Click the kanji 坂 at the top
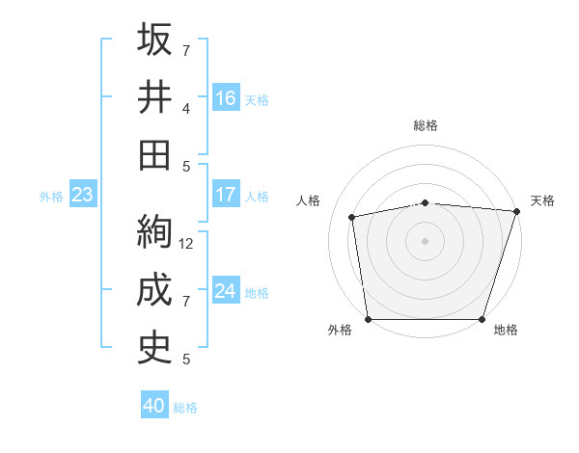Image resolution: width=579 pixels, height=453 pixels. (154, 40)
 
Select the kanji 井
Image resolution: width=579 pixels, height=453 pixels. (154, 96)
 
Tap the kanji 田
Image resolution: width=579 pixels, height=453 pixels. (154, 153)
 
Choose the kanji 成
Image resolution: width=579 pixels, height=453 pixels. (154, 290)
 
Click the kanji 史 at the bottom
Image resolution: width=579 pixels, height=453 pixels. (154, 348)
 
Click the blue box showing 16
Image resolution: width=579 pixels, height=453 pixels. (225, 97)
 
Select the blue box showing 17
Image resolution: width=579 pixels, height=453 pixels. (225, 195)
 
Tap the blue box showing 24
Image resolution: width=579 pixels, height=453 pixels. (225, 291)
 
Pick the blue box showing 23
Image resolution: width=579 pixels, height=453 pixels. (82, 195)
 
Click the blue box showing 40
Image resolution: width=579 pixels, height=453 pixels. (154, 406)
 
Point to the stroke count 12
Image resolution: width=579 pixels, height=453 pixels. (187, 243)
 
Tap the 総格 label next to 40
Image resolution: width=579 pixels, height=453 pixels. (186, 408)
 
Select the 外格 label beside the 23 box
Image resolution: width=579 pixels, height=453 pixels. (51, 197)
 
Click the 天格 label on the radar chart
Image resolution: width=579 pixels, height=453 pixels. (543, 200)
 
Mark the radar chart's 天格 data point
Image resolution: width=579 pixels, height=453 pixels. (516, 211)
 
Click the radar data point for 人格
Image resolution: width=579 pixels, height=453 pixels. (353, 217)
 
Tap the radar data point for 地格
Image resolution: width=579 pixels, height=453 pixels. (482, 318)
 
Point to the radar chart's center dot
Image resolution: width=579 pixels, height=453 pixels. (426, 240)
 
